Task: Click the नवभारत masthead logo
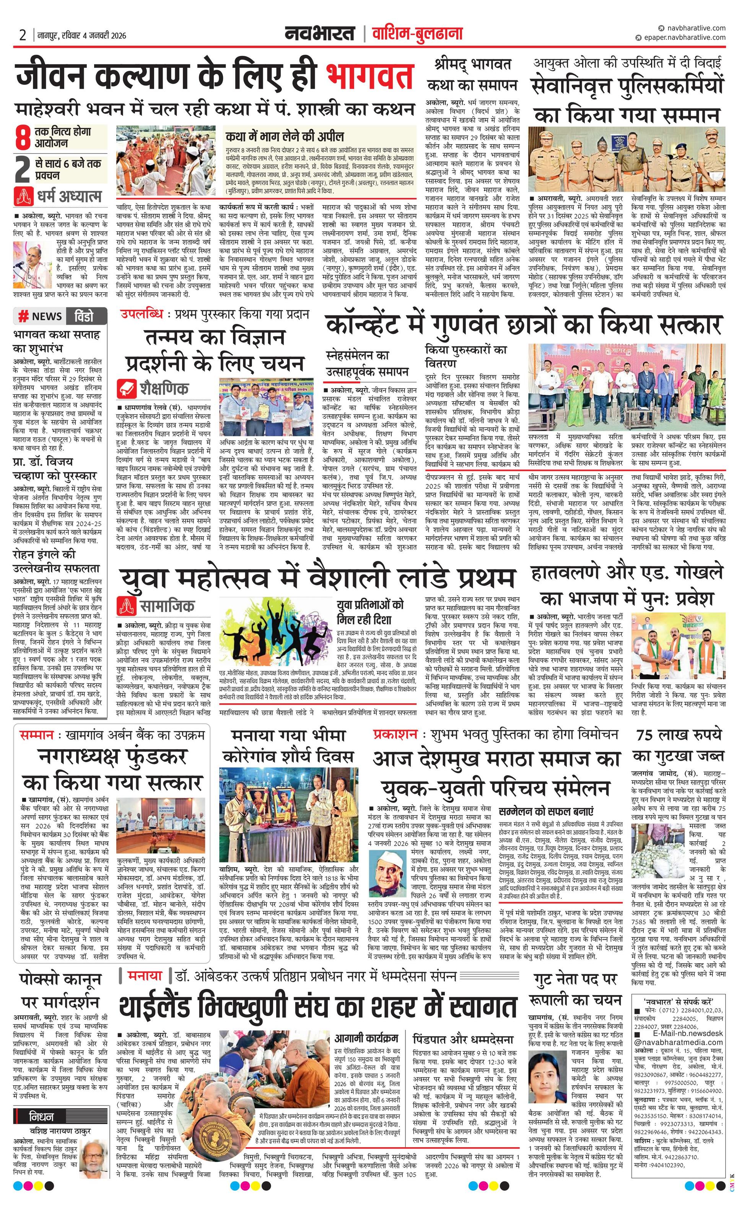click(x=319, y=34)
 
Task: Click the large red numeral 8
click(x=23, y=138)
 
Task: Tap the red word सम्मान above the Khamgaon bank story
click(x=37, y=735)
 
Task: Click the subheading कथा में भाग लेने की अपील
click(x=285, y=137)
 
